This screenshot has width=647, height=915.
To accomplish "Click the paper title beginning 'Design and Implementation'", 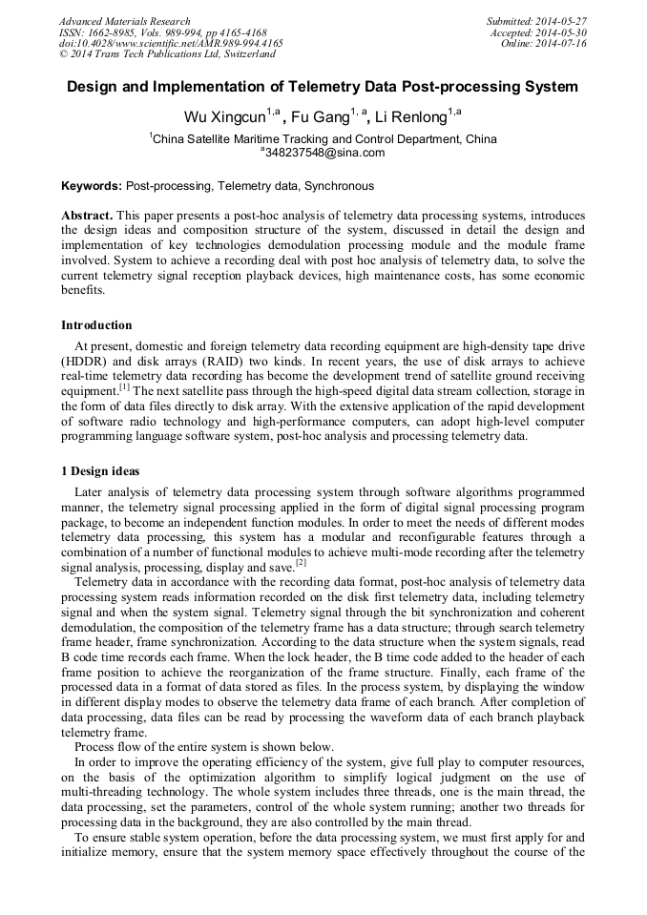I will click(323, 87).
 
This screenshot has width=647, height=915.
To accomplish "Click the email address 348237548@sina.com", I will click(324, 153).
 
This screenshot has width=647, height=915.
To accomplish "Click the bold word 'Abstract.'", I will click(88, 217).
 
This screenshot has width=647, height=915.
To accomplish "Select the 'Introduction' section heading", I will click(97, 325).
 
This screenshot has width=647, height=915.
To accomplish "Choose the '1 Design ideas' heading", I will click(100, 471).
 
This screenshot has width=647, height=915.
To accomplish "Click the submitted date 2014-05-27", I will click(562, 21).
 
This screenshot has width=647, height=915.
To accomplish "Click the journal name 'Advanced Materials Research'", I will click(125, 21).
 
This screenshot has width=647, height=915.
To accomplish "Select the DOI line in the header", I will click(171, 44).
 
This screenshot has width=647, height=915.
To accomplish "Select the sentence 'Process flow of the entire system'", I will click(204, 746).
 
